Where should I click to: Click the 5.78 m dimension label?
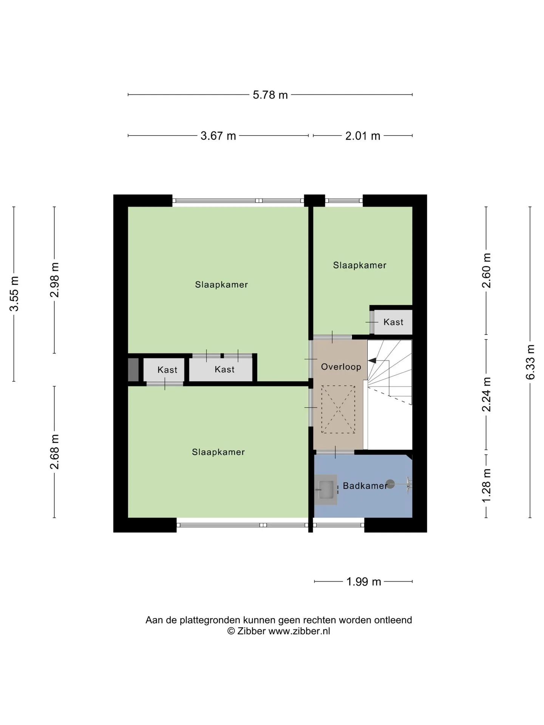[x=270, y=95]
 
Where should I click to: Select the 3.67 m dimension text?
[x=218, y=136]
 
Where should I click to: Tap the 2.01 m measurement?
[x=363, y=136]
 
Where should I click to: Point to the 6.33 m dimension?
[x=530, y=362]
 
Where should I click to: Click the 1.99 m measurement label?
[x=364, y=582]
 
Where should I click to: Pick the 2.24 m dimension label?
[x=487, y=394]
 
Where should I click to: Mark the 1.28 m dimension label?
[x=487, y=486]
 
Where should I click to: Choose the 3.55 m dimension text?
[x=14, y=294]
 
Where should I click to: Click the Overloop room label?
[x=341, y=367]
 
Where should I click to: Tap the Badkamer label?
[x=365, y=486]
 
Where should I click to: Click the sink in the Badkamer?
[x=326, y=490]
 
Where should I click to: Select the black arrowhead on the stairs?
[x=372, y=361]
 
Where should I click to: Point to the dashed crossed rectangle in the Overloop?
[x=338, y=409]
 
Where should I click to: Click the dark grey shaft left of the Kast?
[x=133, y=370]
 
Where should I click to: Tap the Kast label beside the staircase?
[x=393, y=322]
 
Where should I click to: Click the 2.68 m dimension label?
[x=55, y=452]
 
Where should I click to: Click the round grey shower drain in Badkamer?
[x=390, y=484]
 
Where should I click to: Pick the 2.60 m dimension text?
[x=487, y=271]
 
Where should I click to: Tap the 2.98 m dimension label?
[x=55, y=280]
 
